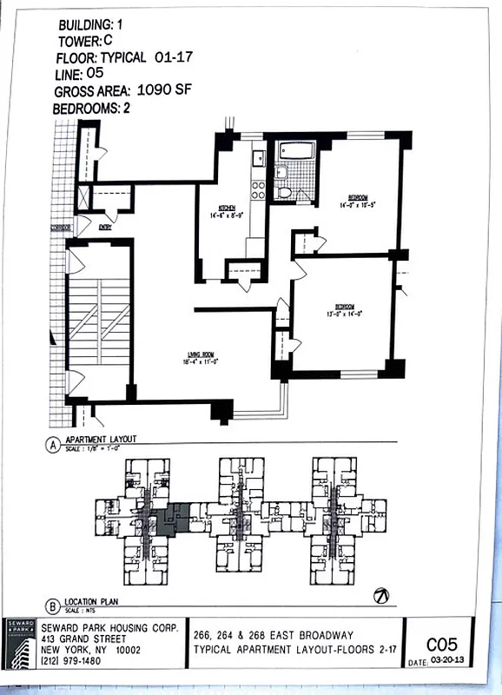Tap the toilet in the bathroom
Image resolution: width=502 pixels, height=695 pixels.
[x=283, y=189]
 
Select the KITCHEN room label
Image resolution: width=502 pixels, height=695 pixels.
[x=228, y=208]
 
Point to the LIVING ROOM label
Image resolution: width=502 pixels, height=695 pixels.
[x=201, y=353]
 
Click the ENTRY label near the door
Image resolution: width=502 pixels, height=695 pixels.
[x=106, y=228]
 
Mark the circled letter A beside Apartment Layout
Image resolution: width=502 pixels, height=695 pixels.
[x=53, y=446]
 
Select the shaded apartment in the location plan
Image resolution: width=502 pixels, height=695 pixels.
[x=173, y=520]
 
